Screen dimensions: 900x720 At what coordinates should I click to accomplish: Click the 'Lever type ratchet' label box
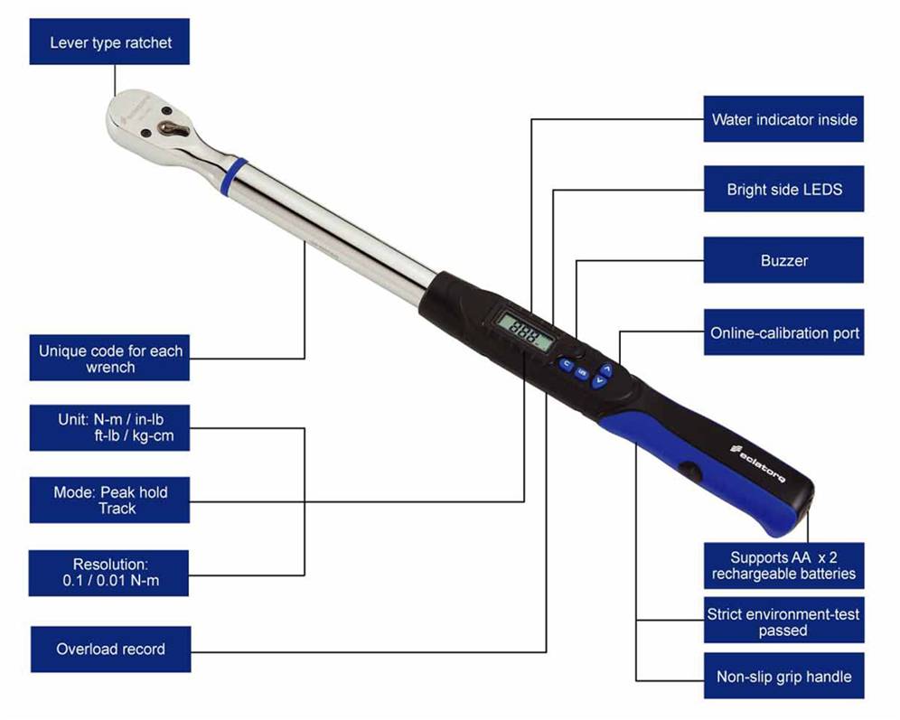tap(109, 42)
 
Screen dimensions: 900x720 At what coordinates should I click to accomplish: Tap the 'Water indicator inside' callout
tap(783, 118)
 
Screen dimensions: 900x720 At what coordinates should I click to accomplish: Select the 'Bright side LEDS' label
tap(783, 189)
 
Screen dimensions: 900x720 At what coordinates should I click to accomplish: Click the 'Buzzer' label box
tap(783, 260)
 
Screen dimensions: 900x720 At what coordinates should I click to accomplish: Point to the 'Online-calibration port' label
tap(783, 332)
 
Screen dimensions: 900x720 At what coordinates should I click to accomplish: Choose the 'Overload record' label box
tap(110, 649)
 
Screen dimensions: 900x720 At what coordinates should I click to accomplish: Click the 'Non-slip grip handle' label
tap(783, 676)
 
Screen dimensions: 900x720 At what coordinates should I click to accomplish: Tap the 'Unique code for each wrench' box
tap(109, 358)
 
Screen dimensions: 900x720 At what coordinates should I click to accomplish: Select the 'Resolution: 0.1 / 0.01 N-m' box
tap(108, 573)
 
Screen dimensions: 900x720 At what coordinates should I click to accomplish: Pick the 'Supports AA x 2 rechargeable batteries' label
tap(783, 566)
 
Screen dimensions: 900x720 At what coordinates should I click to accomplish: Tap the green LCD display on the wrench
tap(524, 332)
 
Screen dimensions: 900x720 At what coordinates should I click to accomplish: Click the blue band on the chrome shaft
tap(234, 176)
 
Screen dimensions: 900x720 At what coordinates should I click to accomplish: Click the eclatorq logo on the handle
tap(757, 463)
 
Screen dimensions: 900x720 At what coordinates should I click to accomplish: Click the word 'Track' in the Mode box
tap(117, 509)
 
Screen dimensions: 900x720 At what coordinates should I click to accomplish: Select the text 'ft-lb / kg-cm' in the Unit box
tap(134, 436)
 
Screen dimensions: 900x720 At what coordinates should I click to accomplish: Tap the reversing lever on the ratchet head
tap(173, 128)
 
